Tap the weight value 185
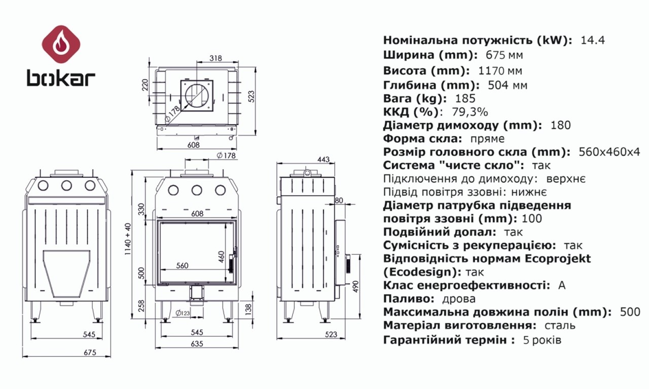465,99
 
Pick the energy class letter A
561,285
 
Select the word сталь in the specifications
560,326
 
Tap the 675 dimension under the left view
89,353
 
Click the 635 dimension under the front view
197,344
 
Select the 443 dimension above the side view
323,160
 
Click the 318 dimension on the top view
215,58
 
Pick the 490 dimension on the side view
355,287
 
